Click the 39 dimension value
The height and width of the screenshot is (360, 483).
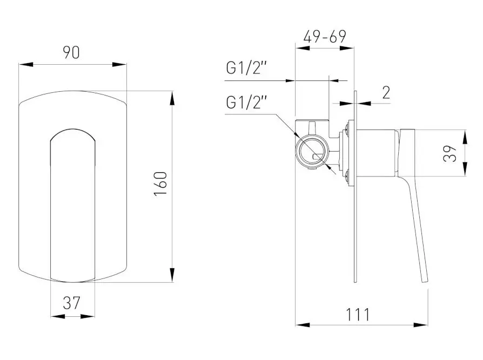(x=451, y=153)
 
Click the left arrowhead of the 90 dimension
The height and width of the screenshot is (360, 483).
(x=23, y=64)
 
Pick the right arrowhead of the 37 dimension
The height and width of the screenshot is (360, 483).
(x=91, y=316)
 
